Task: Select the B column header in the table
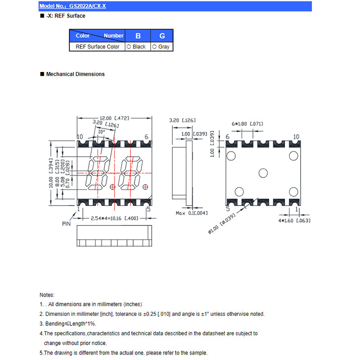138,36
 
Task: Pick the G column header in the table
162,36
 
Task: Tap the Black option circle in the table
129,47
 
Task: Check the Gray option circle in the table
154,47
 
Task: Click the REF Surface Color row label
97,47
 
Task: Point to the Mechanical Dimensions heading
75,74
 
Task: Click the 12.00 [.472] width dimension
114,118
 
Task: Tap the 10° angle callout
102,132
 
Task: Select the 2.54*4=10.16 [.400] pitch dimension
115,218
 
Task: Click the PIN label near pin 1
66,224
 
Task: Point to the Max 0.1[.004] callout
192,213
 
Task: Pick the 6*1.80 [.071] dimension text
247,124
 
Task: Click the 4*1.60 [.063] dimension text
294,220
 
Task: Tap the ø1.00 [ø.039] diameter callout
221,224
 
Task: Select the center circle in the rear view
263,173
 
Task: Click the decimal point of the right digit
145,187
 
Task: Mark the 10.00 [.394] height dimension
51,173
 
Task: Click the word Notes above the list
47,295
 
